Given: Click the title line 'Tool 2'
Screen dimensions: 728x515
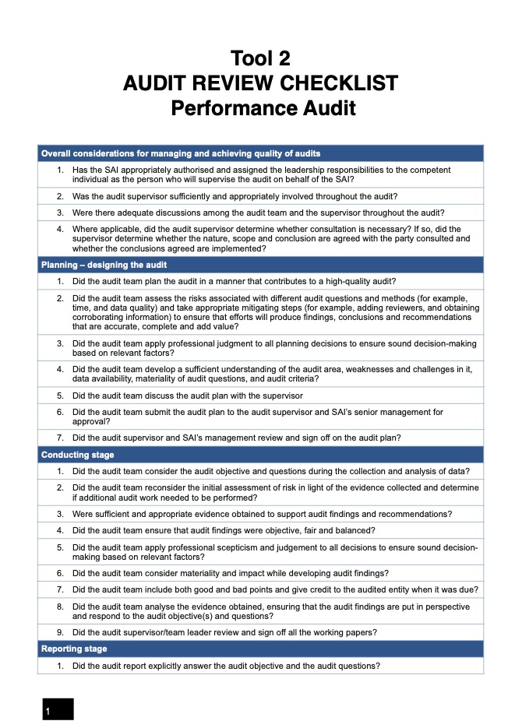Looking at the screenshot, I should pyautogui.click(x=260, y=58).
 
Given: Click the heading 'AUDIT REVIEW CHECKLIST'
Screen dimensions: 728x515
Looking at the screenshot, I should pyautogui.click(x=260, y=83).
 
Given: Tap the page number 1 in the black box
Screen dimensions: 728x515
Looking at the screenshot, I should pyautogui.click(x=48, y=711).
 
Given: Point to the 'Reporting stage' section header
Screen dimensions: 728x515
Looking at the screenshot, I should pyautogui.click(x=74, y=649).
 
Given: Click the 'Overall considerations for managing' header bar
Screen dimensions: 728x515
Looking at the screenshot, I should pyautogui.click(x=180, y=153).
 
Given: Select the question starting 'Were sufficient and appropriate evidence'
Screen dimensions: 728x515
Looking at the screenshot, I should pyautogui.click(x=262, y=514).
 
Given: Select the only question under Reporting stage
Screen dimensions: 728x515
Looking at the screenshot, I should pyautogui.click(x=226, y=666).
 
